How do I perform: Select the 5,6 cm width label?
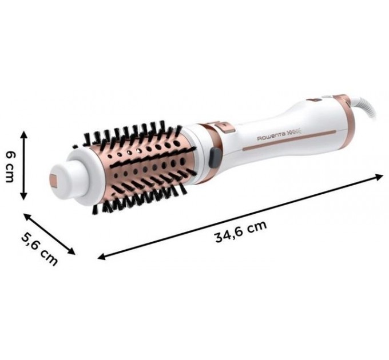click(41, 248)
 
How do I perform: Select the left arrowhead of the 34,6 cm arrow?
click(101, 257)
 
